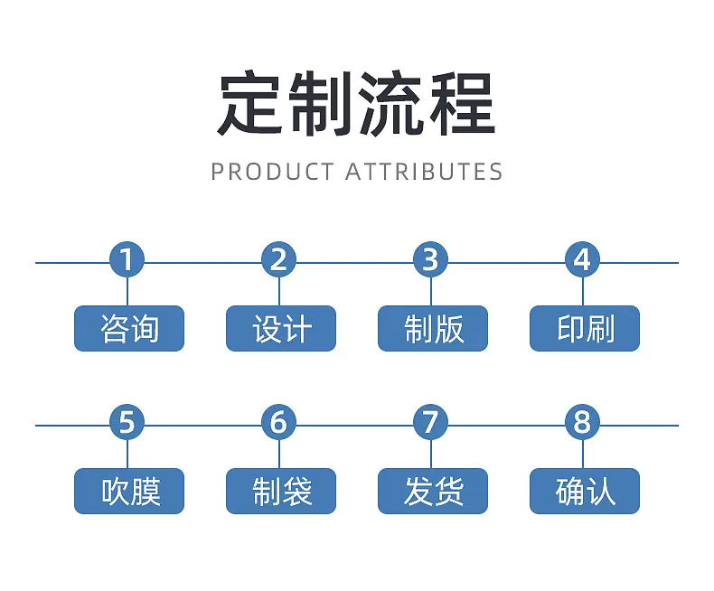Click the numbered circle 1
127,259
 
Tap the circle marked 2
278,259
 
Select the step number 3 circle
431,259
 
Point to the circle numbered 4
582,259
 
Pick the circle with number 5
127,422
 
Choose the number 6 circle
278,422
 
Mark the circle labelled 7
431,422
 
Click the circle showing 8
582,422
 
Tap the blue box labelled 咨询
129,328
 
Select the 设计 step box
281,328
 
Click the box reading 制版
433,328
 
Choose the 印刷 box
585,328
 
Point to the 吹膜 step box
129,491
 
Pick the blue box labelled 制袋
281,491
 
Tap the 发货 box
433,491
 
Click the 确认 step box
585,491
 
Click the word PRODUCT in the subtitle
272,172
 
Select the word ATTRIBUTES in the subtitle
424,172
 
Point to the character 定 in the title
249,103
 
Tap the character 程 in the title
463,103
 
